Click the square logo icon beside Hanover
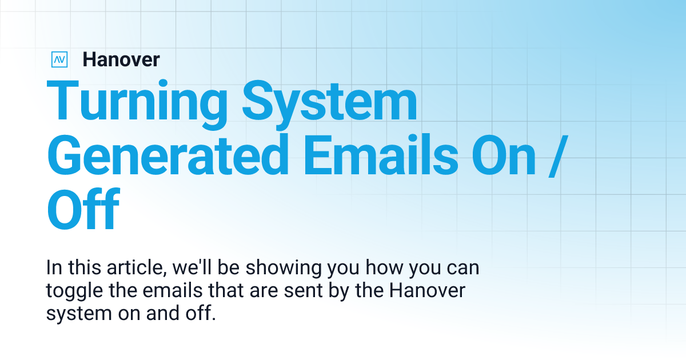coord(59,59)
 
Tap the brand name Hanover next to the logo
coord(121,59)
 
